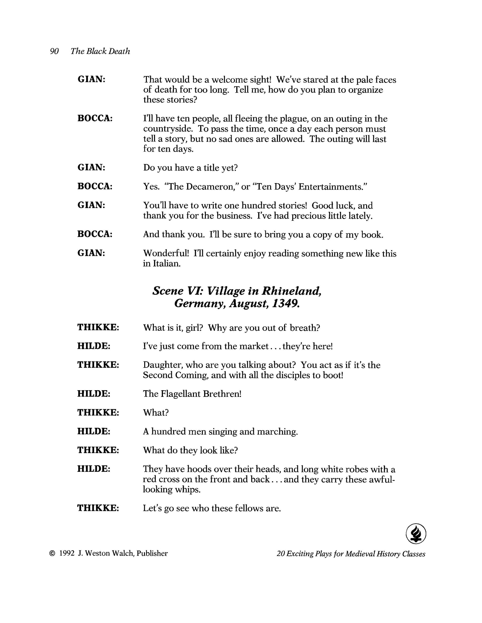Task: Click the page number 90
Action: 54,51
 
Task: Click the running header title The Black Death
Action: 100,51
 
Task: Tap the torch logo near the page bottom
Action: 416,533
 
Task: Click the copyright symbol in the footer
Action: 52,554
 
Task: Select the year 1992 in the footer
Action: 67,554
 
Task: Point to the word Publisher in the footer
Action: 152,554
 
